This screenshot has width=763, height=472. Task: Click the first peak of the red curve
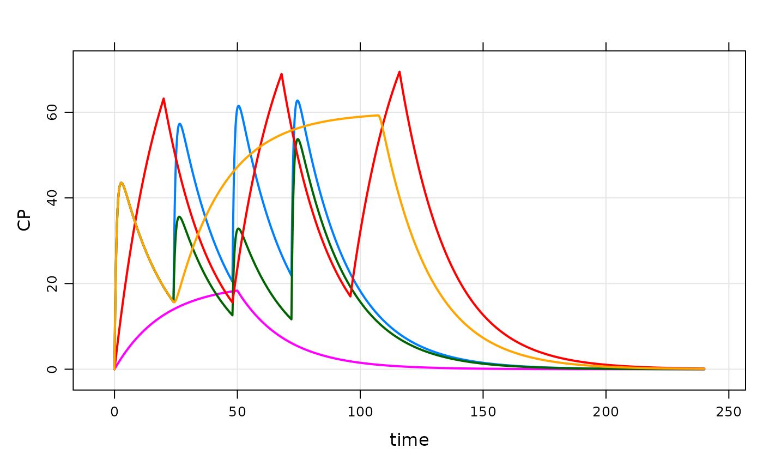163,99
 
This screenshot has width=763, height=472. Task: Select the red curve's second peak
281,74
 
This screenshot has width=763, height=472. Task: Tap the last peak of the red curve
399,71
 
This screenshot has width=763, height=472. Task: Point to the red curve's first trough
233,302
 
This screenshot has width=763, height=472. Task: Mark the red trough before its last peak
350,296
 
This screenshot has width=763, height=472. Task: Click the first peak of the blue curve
179,124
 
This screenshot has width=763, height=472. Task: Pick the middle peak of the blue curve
239,106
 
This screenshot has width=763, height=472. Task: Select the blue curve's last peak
298,100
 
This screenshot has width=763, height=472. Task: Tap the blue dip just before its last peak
290,276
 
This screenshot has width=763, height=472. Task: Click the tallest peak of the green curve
298,139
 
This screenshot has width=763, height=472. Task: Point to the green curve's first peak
179,216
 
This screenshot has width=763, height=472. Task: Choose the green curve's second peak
239,228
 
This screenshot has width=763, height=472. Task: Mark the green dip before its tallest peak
292,319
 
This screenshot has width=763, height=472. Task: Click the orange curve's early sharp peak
121,183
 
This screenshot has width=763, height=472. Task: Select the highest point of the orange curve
378,115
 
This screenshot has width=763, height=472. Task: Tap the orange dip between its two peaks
174,302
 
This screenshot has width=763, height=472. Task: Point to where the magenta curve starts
114,369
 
